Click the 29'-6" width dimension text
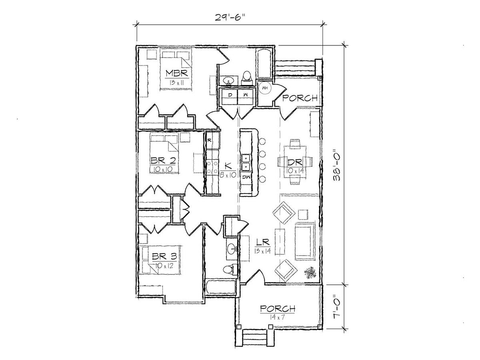229,17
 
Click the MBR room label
177,73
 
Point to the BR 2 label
163,161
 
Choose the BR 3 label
164,256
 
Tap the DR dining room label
295,162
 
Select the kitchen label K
228,166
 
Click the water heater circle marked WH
265,88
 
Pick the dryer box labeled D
230,96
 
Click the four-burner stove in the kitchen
212,167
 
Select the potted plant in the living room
310,273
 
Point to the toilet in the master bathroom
247,78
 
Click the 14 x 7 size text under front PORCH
277,317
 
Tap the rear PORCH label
300,98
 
